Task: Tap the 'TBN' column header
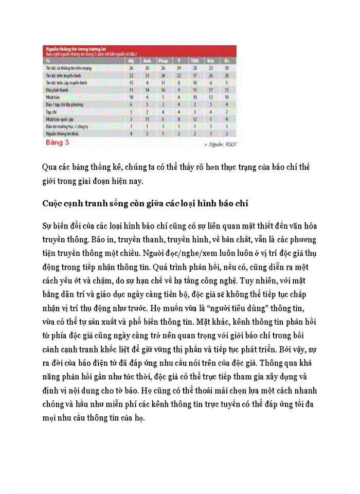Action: pos(195,61)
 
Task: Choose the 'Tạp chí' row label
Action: pos(51,111)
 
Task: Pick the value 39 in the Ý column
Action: pos(179,68)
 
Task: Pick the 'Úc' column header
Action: pos(227,61)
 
